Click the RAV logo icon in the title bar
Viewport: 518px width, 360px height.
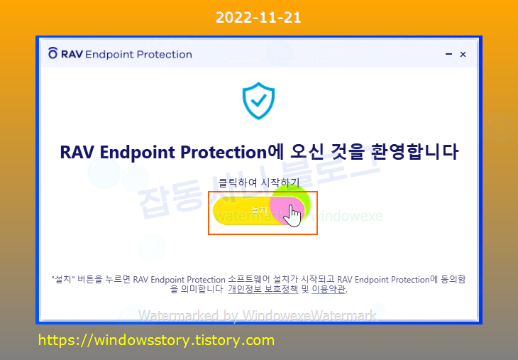tap(53, 54)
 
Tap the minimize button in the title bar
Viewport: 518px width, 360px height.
tap(448, 54)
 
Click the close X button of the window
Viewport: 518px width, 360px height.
tap(463, 54)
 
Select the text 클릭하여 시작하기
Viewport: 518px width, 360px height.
tap(258, 183)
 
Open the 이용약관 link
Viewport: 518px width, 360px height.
tap(329, 290)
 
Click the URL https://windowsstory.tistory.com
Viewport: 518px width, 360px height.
tap(156, 340)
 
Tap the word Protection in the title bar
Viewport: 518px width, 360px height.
tap(165, 54)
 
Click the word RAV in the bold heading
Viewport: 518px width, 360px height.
tap(77, 153)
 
